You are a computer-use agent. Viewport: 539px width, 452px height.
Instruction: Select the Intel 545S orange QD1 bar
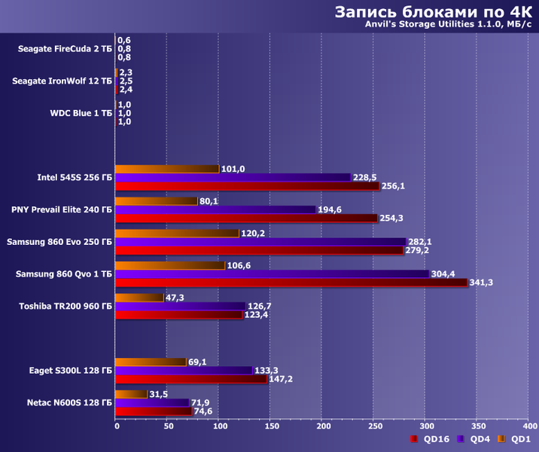click(167, 169)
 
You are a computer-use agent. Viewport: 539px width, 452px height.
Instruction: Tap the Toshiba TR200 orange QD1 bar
click(139, 298)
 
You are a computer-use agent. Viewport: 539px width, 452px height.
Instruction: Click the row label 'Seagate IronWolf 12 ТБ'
click(62, 81)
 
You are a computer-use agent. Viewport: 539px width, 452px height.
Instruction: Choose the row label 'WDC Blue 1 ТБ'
click(81, 113)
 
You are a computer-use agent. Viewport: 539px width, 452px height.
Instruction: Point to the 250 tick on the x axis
click(373, 426)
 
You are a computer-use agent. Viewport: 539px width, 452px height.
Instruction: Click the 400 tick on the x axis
click(528, 426)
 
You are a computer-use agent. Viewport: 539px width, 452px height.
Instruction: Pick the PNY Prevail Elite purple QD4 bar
click(216, 209)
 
